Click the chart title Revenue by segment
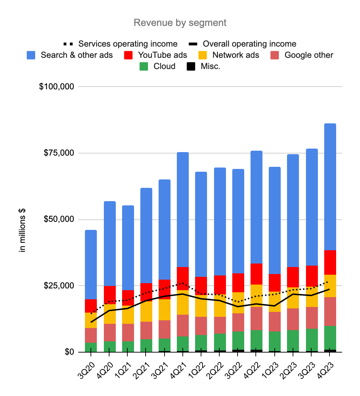(x=180, y=23)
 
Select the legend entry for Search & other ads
(x=76, y=55)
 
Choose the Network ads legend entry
(x=233, y=55)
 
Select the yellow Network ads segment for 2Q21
(x=146, y=311)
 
